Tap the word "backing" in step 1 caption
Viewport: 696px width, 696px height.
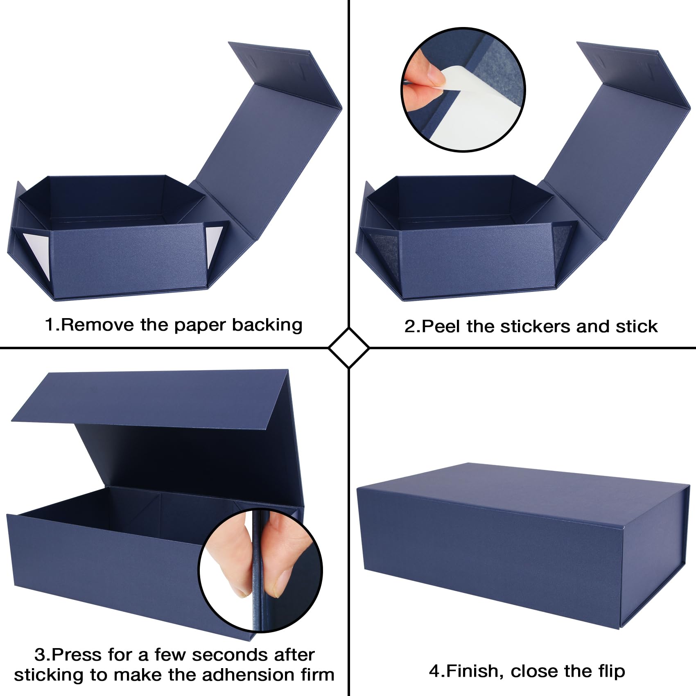point(267,325)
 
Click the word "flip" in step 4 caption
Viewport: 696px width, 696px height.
point(609,671)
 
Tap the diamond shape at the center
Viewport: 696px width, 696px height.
point(348,348)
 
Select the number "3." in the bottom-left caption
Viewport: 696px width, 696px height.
point(43,655)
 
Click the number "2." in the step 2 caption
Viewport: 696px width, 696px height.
point(412,326)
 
